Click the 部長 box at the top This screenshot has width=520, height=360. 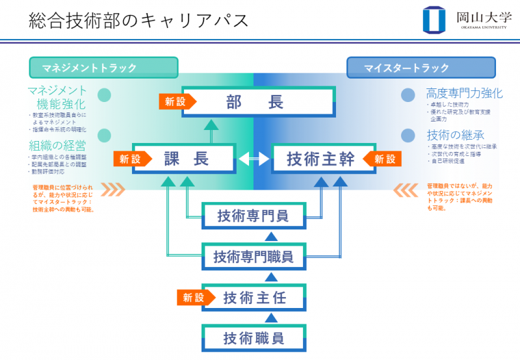tap(259, 101)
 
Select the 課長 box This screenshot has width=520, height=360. tap(184, 158)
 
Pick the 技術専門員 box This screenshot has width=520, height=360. tap(253, 216)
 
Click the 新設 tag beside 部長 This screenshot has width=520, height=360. tap(174, 101)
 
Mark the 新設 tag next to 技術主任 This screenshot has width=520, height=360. tap(192, 298)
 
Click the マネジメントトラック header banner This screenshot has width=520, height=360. tap(103, 68)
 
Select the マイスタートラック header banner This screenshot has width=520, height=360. tap(421, 68)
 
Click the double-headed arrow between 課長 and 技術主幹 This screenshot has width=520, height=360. tap(253, 158)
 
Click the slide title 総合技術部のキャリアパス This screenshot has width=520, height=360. tap(138, 20)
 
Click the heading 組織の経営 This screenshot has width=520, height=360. tap(57, 145)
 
